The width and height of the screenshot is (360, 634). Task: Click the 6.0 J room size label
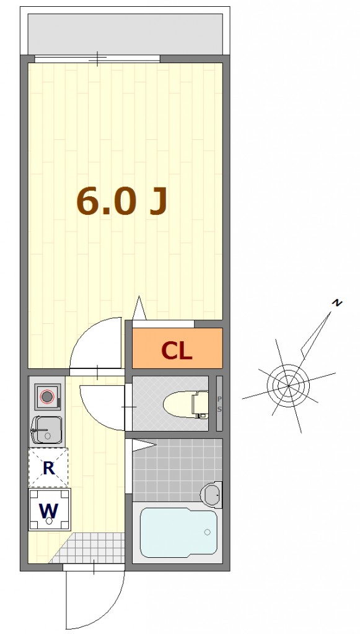pyautogui.click(x=121, y=201)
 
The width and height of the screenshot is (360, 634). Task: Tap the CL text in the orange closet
pyautogui.click(x=177, y=350)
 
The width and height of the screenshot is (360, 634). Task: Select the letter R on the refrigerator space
pyautogui.click(x=48, y=468)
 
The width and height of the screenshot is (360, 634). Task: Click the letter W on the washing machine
pyautogui.click(x=49, y=511)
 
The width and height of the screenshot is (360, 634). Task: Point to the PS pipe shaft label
pyautogui.click(x=219, y=404)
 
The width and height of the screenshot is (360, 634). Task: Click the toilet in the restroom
pyautogui.click(x=186, y=404)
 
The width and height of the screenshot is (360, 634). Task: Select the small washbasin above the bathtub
pyautogui.click(x=211, y=495)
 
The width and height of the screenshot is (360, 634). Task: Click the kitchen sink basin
pyautogui.click(x=47, y=430)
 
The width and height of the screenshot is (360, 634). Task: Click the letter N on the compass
pyautogui.click(x=336, y=302)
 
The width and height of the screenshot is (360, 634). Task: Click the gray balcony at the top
pyautogui.click(x=125, y=34)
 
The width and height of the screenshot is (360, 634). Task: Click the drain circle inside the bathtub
pyautogui.click(x=208, y=532)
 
